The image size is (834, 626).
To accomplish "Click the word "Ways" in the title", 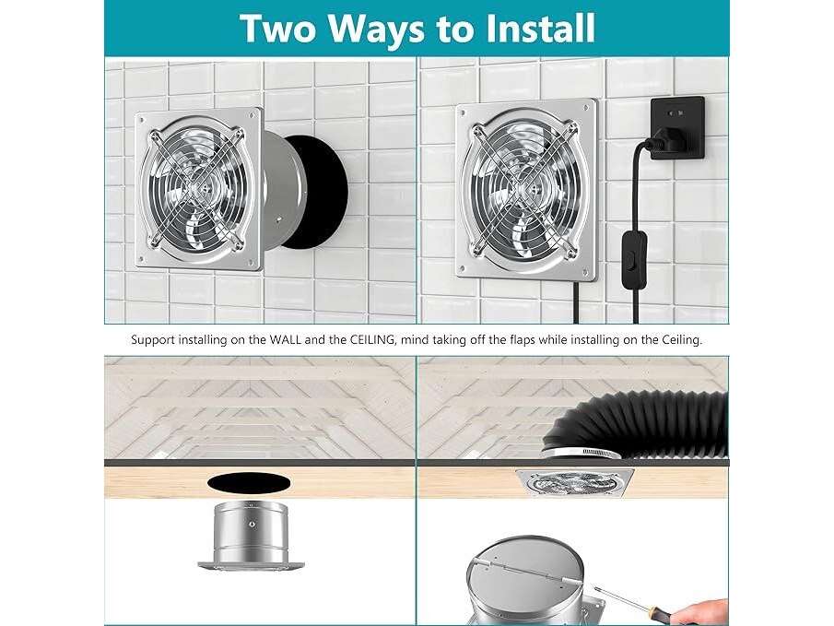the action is (375, 30).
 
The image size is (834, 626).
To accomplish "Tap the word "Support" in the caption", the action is (153, 340).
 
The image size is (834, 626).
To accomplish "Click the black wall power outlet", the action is (678, 127).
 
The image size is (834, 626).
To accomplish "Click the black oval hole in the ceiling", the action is (249, 484).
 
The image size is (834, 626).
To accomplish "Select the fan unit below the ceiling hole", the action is (252, 536).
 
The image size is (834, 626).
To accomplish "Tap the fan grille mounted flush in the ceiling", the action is (575, 483).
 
